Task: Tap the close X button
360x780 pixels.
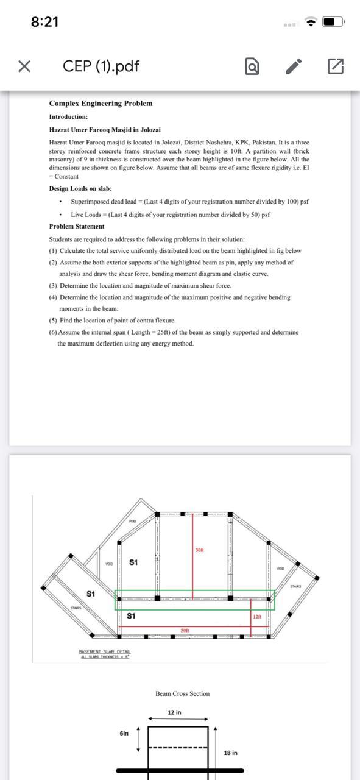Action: click(24, 66)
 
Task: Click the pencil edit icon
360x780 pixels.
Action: click(294, 66)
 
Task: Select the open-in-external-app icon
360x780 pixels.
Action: click(335, 66)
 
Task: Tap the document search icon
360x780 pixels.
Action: click(252, 66)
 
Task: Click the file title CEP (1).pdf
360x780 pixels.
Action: click(101, 66)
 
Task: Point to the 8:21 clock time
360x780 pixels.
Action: click(44, 22)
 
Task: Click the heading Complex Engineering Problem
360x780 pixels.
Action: click(101, 104)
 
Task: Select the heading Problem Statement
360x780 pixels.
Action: click(77, 227)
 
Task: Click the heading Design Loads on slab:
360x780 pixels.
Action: click(80, 189)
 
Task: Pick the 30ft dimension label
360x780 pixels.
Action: click(200, 550)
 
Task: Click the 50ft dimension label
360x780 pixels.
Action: click(185, 629)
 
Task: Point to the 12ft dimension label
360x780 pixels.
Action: click(257, 617)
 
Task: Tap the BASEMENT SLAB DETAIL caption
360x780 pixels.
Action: click(105, 652)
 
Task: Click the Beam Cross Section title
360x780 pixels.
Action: click(182, 693)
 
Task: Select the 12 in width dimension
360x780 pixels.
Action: click(174, 712)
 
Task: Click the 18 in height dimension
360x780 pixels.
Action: click(231, 753)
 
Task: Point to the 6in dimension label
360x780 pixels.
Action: click(124, 733)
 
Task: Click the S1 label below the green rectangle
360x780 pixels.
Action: click(131, 616)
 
